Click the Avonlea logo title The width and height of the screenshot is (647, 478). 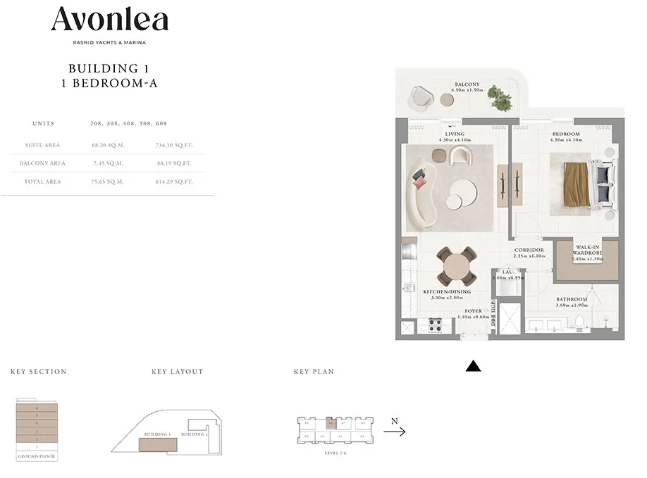coord(109,20)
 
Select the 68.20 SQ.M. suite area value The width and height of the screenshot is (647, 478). coord(107,145)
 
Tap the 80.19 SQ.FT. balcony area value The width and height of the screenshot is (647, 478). coord(173,163)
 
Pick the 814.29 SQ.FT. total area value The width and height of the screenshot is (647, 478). coord(173,182)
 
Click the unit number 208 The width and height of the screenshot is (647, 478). coord(97,123)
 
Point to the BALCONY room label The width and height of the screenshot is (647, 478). coord(467,84)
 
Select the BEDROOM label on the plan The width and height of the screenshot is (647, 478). coord(566,134)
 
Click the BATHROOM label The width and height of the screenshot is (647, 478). coord(572,299)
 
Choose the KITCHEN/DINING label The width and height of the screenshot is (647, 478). coord(447,291)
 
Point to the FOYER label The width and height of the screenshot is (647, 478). coord(474,310)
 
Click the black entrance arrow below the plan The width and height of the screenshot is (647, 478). coord(474,366)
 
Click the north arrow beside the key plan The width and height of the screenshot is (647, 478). coord(394,432)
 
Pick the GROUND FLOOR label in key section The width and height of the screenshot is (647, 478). coord(37,456)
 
